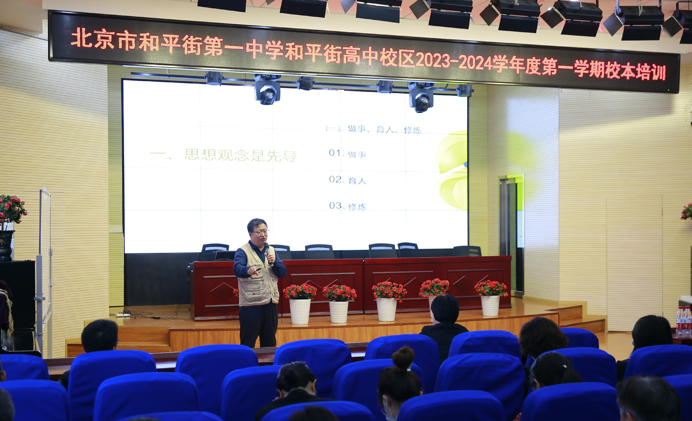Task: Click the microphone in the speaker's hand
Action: pyautogui.click(x=268, y=253)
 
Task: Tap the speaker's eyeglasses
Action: pyautogui.click(x=260, y=232)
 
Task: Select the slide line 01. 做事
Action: pyautogui.click(x=347, y=154)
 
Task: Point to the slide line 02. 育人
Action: pyautogui.click(x=347, y=180)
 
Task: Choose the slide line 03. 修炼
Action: pyautogui.click(x=348, y=206)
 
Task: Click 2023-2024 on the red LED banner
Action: pyautogui.click(x=454, y=62)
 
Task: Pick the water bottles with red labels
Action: pyautogui.click(x=684, y=322)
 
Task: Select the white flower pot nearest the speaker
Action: pyautogui.click(x=300, y=311)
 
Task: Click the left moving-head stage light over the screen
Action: pyautogui.click(x=267, y=89)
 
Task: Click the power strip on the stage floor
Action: pyautogui.click(x=123, y=315)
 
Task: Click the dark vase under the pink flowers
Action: pyautogui.click(x=6, y=245)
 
